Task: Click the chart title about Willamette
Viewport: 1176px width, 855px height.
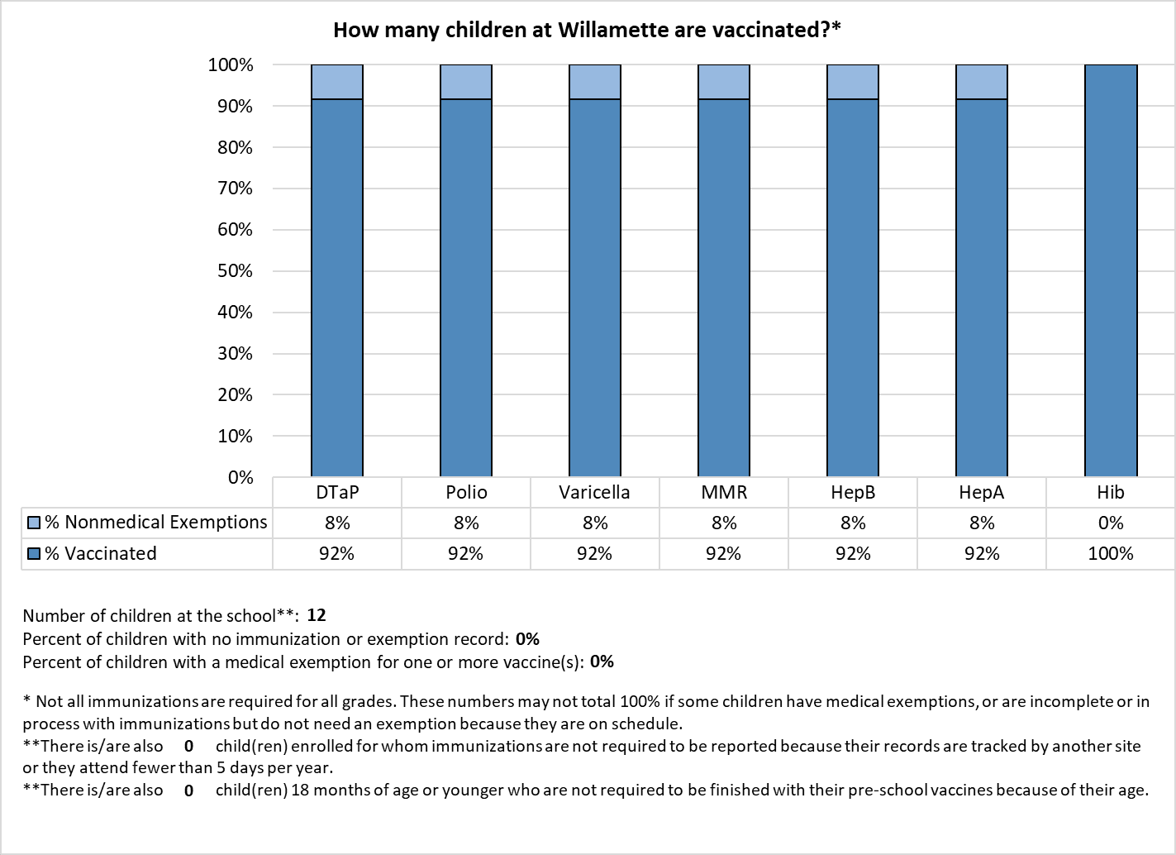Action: (587, 30)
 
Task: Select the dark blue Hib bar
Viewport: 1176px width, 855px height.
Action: (1111, 270)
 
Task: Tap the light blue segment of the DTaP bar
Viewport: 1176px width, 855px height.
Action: (337, 82)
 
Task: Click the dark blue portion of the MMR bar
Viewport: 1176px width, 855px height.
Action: (724, 288)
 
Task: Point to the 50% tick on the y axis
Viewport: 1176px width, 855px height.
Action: (236, 271)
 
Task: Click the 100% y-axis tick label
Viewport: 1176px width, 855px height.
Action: (231, 65)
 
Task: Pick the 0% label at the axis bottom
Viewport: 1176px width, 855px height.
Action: (240, 477)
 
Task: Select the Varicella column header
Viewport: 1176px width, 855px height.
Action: (594, 493)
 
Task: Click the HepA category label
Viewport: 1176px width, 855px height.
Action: (981, 493)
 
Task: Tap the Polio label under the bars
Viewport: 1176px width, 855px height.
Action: (466, 493)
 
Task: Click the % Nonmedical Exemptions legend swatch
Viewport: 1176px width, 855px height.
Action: (34, 523)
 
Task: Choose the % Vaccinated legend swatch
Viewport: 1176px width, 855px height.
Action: (34, 553)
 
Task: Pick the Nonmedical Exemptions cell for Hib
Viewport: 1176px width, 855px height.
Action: (1111, 523)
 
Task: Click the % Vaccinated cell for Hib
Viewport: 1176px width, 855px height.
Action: (1111, 553)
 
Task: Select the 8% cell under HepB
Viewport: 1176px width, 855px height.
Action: (853, 523)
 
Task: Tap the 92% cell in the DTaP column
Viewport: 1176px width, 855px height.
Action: (336, 553)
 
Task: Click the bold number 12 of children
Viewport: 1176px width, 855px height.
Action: (317, 615)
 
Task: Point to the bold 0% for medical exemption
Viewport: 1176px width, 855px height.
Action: (602, 662)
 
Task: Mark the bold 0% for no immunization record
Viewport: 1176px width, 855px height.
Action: (527, 638)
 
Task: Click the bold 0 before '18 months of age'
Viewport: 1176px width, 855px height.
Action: (189, 791)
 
